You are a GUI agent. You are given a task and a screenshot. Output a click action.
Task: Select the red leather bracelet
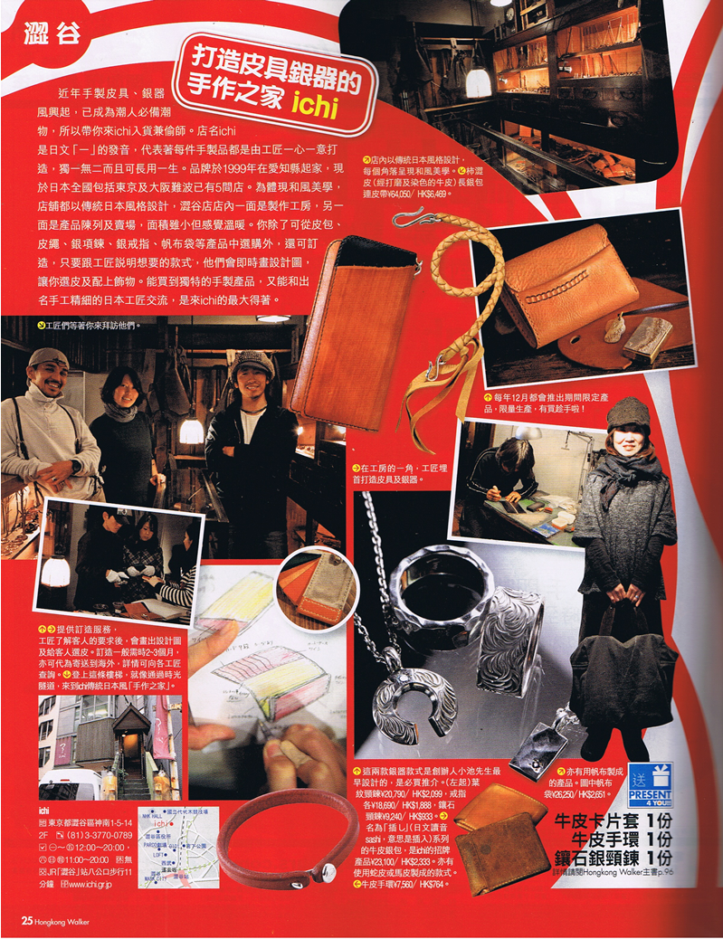tap(281, 831)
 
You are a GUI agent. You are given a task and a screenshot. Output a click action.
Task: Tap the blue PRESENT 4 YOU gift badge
tap(650, 785)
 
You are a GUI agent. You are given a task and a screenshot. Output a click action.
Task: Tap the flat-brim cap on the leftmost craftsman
tap(46, 356)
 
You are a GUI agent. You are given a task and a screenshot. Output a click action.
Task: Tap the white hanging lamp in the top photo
tap(479, 82)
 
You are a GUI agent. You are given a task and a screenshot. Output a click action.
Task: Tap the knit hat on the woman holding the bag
tap(625, 412)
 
